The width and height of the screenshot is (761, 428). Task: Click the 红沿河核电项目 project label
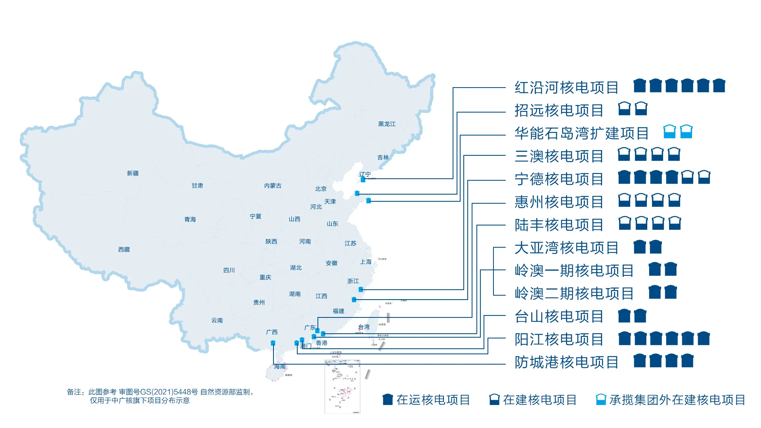click(566, 88)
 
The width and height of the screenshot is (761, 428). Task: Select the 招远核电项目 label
click(559, 111)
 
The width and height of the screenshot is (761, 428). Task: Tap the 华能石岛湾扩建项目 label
click(581, 134)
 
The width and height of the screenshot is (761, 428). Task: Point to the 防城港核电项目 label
click(566, 362)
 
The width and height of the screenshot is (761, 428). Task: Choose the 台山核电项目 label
click(559, 317)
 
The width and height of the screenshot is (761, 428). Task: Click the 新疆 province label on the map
click(133, 173)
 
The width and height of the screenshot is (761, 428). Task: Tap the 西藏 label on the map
click(124, 250)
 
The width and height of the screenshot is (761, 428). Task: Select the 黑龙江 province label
click(387, 124)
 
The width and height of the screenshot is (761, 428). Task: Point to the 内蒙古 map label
click(273, 186)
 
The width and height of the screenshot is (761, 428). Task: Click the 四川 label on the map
click(229, 270)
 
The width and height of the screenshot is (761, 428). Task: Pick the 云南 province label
click(217, 320)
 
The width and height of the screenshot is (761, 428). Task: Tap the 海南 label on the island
click(280, 367)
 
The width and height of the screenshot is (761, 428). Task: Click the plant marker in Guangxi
click(273, 343)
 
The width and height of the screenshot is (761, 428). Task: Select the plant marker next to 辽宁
click(363, 180)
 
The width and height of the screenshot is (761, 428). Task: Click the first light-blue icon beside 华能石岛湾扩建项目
click(669, 132)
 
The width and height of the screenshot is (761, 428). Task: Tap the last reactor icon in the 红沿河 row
click(719, 86)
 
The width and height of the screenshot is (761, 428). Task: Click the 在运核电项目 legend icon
click(388, 399)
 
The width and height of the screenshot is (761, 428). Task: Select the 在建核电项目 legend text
click(540, 400)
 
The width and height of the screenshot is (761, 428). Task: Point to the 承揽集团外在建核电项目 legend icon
click(601, 399)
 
